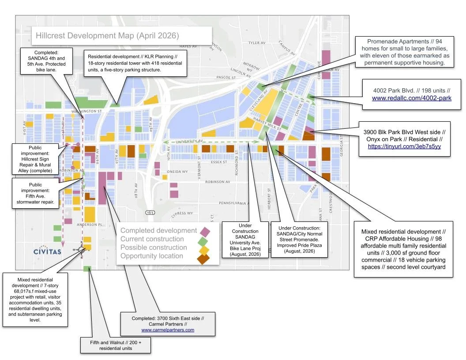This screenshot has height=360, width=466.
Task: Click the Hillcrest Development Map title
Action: click(107, 35)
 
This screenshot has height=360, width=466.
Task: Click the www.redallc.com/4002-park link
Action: click(411, 98)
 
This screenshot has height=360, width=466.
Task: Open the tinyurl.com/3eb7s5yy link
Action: click(404, 146)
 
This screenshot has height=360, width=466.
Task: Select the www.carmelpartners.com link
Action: click(167, 330)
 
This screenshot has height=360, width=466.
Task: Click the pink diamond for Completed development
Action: click(204, 231)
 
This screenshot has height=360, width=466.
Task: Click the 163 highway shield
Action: click(150, 213)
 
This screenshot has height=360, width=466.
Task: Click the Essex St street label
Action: click(218, 162)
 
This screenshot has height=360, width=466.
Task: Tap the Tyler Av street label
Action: click(256, 43)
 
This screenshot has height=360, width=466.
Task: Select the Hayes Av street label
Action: click(188, 46)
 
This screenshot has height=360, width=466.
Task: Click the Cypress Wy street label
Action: click(182, 213)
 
